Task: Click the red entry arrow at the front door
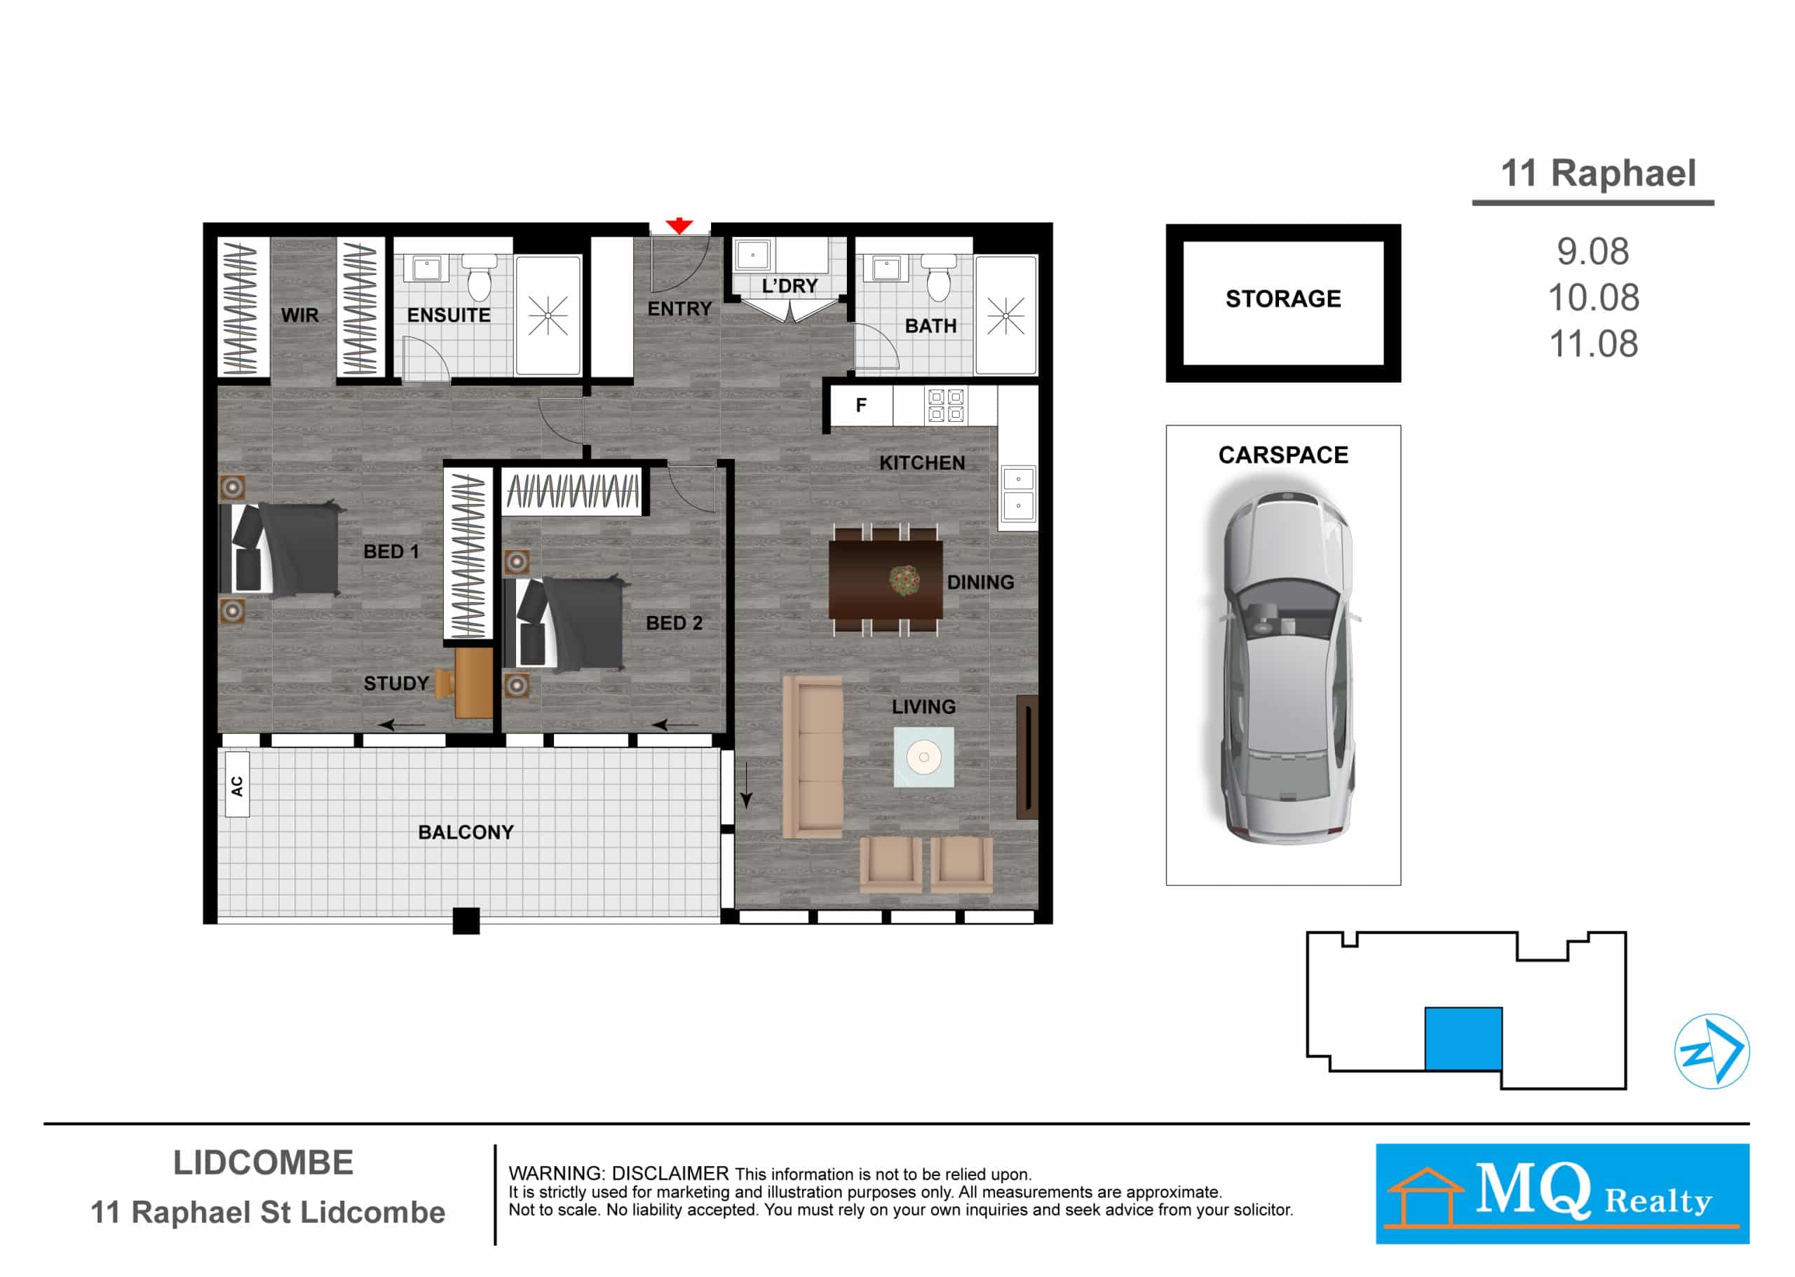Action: pos(678,226)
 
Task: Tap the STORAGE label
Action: pos(1283,299)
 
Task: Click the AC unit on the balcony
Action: pos(237,784)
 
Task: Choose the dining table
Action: pos(886,578)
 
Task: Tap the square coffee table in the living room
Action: pos(923,756)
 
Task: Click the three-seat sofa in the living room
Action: pos(813,756)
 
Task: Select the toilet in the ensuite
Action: pos(478,276)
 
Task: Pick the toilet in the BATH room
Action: pos(938,277)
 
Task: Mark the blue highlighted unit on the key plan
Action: pos(1463,1038)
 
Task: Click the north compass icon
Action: pos(1712,1051)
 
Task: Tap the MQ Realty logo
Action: pos(1562,1194)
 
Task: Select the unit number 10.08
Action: pos(1594,297)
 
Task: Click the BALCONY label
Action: pos(466,832)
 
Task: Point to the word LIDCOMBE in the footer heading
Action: pos(264,1163)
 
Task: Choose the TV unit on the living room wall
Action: pos(1027,756)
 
